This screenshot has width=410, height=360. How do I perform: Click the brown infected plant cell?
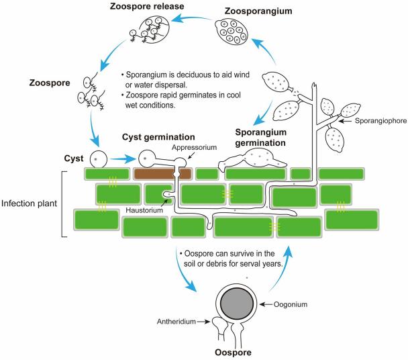pyautogui.click(x=163, y=174)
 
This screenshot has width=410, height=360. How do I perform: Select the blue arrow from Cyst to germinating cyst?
pyautogui.click(x=122, y=161)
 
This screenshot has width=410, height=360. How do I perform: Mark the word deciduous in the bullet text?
pyautogui.click(x=191, y=75)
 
